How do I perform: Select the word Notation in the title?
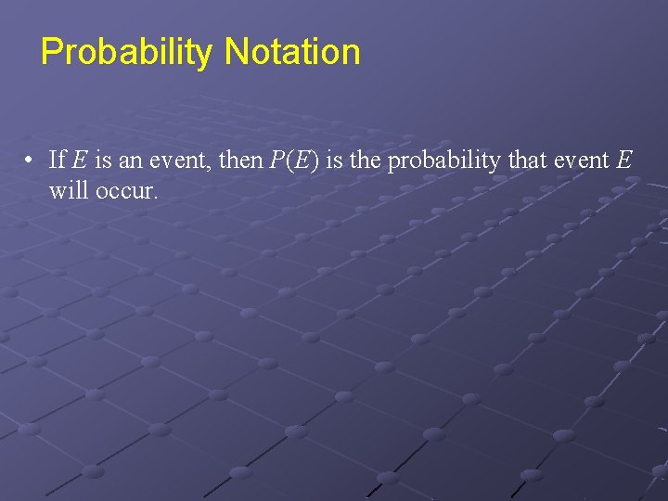click(x=292, y=51)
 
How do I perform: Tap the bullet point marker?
click(x=31, y=161)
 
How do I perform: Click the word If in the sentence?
click(x=57, y=160)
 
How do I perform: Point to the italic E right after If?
click(x=80, y=160)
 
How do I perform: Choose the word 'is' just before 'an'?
click(x=104, y=160)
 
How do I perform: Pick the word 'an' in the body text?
click(x=130, y=161)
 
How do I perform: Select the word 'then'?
click(x=240, y=160)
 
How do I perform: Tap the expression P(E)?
click(x=294, y=160)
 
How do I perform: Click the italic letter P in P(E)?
click(x=276, y=160)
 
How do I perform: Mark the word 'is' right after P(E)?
click(x=334, y=160)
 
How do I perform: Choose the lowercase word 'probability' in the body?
click(x=443, y=161)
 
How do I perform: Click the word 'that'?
click(x=527, y=160)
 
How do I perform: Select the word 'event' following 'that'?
click(x=581, y=161)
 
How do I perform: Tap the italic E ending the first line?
click(x=623, y=160)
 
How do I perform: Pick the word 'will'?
click(x=67, y=191)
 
